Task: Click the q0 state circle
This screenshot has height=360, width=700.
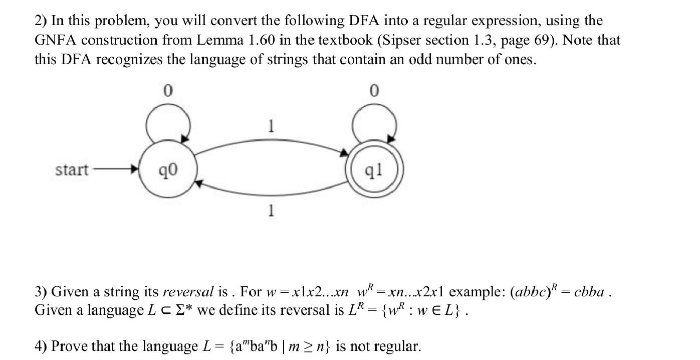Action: point(167,170)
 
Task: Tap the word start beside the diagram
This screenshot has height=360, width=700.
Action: point(72,170)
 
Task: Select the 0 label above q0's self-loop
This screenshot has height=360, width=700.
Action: point(168,91)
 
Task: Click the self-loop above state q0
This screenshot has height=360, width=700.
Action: point(167,120)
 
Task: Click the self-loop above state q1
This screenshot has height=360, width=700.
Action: point(374,120)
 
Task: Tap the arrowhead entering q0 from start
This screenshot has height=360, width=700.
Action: point(134,170)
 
